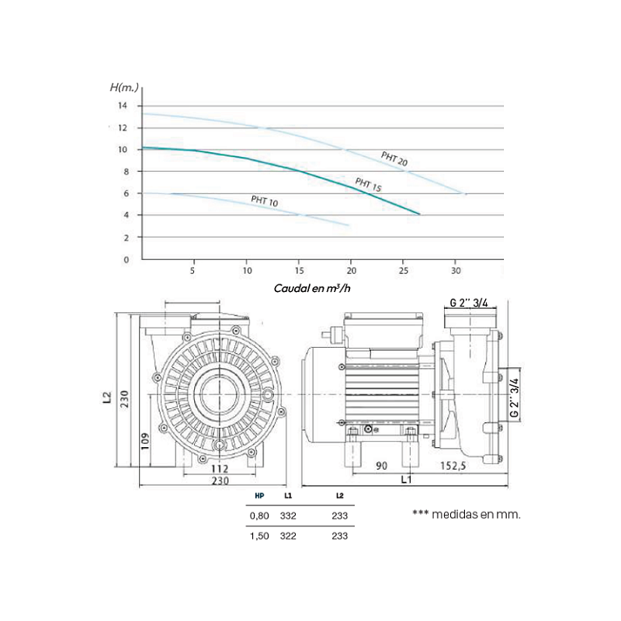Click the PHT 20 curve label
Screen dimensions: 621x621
point(394,159)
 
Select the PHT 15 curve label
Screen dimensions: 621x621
point(368,185)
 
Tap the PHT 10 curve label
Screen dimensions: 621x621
point(265,201)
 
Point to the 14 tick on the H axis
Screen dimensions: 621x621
point(123,106)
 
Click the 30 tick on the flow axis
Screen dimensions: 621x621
point(456,270)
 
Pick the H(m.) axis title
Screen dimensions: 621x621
point(124,88)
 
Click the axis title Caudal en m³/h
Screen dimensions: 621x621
point(312,288)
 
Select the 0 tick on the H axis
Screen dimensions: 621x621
point(127,260)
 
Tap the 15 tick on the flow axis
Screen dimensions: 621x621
point(300,270)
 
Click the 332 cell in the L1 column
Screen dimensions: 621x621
point(288,515)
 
